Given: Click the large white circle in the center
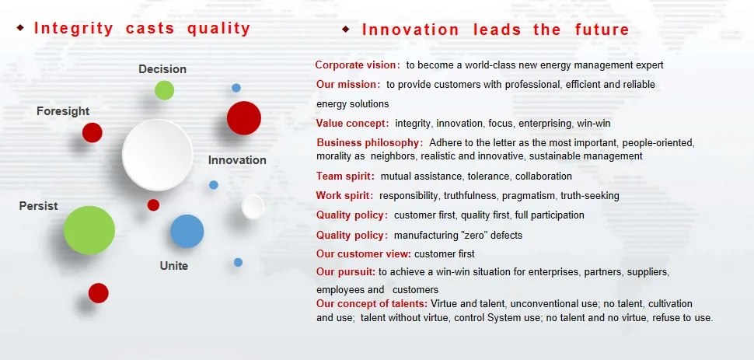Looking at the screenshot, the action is pyautogui.click(x=158, y=155).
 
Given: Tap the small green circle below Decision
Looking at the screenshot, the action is pyautogui.click(x=165, y=90).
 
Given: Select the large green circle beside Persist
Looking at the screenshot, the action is pyautogui.click(x=89, y=230).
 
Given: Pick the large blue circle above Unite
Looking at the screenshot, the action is pyautogui.click(x=187, y=231).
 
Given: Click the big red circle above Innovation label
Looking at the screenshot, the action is pyautogui.click(x=244, y=118).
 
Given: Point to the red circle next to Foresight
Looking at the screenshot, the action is pyautogui.click(x=93, y=132).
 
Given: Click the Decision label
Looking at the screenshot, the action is pyautogui.click(x=162, y=69).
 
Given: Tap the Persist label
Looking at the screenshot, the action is pyautogui.click(x=38, y=206).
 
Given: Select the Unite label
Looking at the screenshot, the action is pyautogui.click(x=173, y=266).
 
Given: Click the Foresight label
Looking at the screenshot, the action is pyautogui.click(x=63, y=111).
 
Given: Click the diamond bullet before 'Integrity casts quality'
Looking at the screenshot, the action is pyautogui.click(x=20, y=28).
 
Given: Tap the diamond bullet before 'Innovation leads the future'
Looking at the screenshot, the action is pyautogui.click(x=346, y=30).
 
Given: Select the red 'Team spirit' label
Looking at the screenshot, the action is pyautogui.click(x=344, y=177).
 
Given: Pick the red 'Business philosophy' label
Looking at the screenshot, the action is pyautogui.click(x=368, y=143).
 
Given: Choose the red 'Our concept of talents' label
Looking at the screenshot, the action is pyautogui.click(x=372, y=304).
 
